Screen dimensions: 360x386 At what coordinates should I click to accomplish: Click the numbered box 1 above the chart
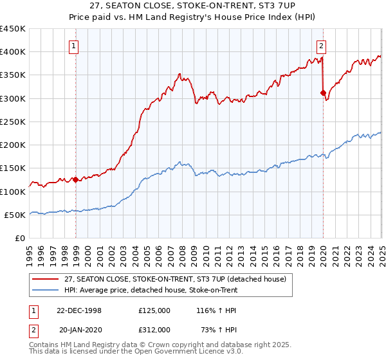click(75, 46)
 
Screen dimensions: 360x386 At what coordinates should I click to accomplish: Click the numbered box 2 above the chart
click(321, 46)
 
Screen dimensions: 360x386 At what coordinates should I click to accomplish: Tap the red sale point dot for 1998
click(76, 180)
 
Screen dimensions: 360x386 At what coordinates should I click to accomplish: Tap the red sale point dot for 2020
click(323, 93)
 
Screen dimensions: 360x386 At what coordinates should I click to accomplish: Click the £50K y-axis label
click(15, 215)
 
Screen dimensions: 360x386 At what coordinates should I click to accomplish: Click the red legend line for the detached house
click(46, 279)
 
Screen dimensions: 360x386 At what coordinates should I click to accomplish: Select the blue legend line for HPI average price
click(46, 290)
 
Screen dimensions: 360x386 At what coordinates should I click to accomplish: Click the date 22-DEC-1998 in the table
click(79, 310)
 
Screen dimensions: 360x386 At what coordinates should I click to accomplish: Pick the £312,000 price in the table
click(154, 329)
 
